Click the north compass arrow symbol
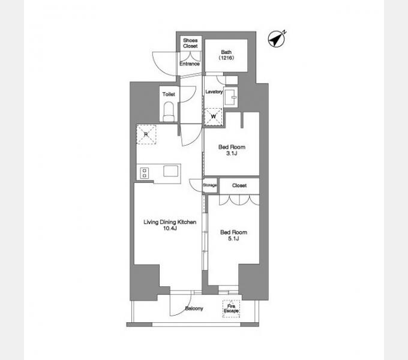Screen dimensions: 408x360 tap(277, 39)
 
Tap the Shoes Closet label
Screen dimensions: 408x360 tap(190, 43)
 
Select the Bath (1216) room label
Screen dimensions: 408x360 tap(226, 55)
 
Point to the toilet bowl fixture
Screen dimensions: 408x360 tap(169, 112)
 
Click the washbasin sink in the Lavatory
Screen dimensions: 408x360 tap(230, 98)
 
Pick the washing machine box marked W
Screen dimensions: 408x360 tap(214, 116)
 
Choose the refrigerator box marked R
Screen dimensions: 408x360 tap(146, 134)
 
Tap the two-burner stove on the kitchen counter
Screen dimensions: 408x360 tap(145, 173)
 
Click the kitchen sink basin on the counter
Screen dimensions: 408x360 tap(170, 171)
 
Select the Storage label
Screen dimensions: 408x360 tap(210, 185)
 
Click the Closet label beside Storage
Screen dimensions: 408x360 tap(239, 185)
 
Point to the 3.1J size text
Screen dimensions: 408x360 tap(232, 153)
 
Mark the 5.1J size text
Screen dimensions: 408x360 tap(233, 238)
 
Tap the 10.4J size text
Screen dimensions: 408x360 tap(170, 229)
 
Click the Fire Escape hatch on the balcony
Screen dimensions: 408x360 tap(231, 309)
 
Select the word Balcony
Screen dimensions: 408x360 tap(194, 308)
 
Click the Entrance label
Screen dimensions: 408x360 tap(190, 64)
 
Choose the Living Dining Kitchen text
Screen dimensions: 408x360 tap(170, 222)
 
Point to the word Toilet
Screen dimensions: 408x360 tap(169, 94)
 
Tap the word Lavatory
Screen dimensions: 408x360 tap(214, 92)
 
